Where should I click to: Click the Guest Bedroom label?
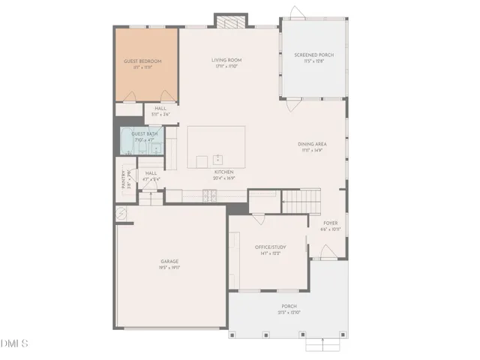coord(142,61)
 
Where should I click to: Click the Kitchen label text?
coord(224,172)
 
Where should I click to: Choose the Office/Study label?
coord(270,247)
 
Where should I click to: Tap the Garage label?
coord(169,261)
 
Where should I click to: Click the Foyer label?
coord(330,223)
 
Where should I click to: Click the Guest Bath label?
coord(144,133)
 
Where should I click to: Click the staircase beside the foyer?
coord(301,200)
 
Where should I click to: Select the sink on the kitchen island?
coord(217,158)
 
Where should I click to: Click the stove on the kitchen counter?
coord(210,196)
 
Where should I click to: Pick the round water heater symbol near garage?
coord(119,213)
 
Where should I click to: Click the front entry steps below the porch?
coord(327,344)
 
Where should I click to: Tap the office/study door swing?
coord(258,219)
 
